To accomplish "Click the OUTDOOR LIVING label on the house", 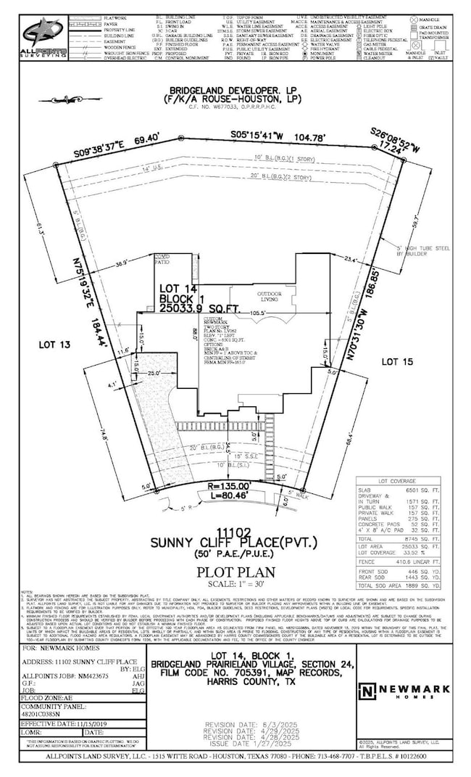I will pyautogui.click(x=268, y=297).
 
